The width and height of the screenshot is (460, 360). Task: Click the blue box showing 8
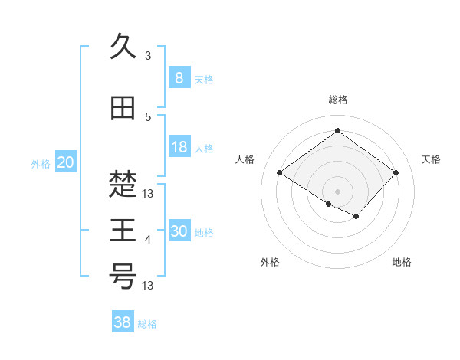(x=179, y=78)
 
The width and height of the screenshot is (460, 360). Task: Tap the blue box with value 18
(x=179, y=148)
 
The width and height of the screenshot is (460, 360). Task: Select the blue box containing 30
(x=179, y=232)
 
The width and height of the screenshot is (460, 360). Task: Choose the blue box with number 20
(x=66, y=162)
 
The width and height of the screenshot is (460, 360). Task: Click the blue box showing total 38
(x=122, y=322)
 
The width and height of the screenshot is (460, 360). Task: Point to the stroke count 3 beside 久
(x=148, y=56)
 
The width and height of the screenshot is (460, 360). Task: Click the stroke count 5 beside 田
(x=148, y=116)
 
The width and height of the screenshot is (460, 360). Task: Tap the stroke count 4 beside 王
(x=148, y=240)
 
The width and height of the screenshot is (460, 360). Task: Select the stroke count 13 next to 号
(x=149, y=286)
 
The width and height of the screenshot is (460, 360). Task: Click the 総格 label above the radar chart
(x=337, y=100)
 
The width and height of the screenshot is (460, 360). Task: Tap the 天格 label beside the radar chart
(x=432, y=159)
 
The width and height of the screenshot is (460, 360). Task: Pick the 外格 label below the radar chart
(x=270, y=263)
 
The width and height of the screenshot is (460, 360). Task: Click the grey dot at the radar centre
(x=337, y=191)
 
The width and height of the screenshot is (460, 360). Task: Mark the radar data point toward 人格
(x=280, y=173)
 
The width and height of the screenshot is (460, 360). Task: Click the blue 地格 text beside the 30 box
(x=204, y=233)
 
